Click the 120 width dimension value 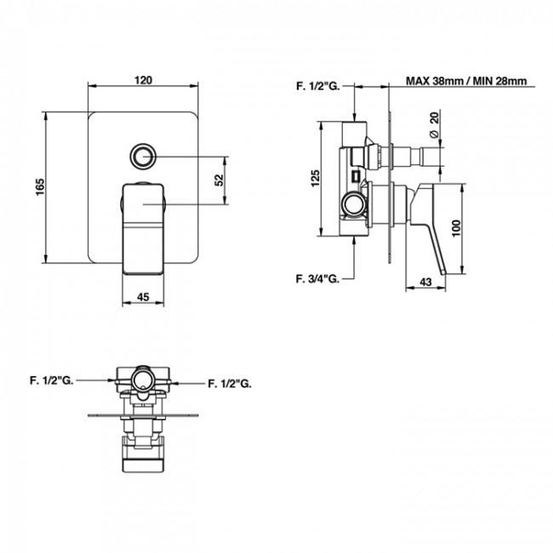[x=143, y=80]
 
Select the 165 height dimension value [x=40, y=187]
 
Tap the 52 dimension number [x=219, y=180]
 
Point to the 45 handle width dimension [x=143, y=297]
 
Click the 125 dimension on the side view [x=315, y=179]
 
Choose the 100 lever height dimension [x=456, y=229]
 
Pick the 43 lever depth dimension [x=425, y=282]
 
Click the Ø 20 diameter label [x=434, y=124]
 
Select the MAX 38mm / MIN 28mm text [x=466, y=81]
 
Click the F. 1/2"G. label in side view [x=318, y=86]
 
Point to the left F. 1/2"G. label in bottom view [x=52, y=381]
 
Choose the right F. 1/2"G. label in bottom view [x=230, y=384]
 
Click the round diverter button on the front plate [x=143, y=157]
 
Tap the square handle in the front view [x=143, y=229]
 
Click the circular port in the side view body [x=354, y=204]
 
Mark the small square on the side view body [x=356, y=175]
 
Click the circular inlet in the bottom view [x=142, y=379]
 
